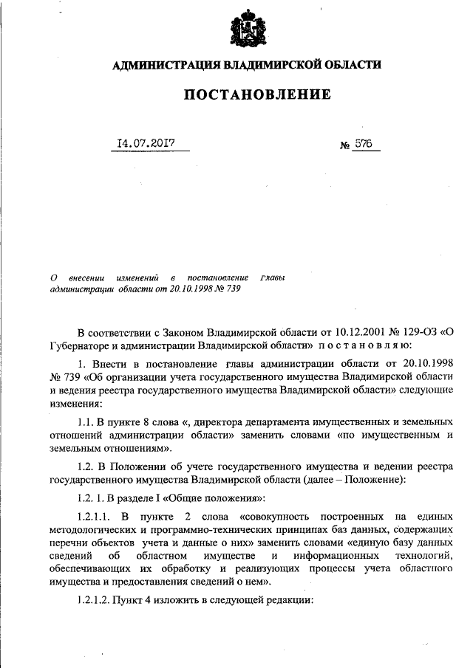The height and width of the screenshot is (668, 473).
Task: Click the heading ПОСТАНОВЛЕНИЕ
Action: click(246, 95)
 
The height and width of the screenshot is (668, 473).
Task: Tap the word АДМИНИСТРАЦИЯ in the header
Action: click(163, 65)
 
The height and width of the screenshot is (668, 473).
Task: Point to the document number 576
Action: click(362, 144)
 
